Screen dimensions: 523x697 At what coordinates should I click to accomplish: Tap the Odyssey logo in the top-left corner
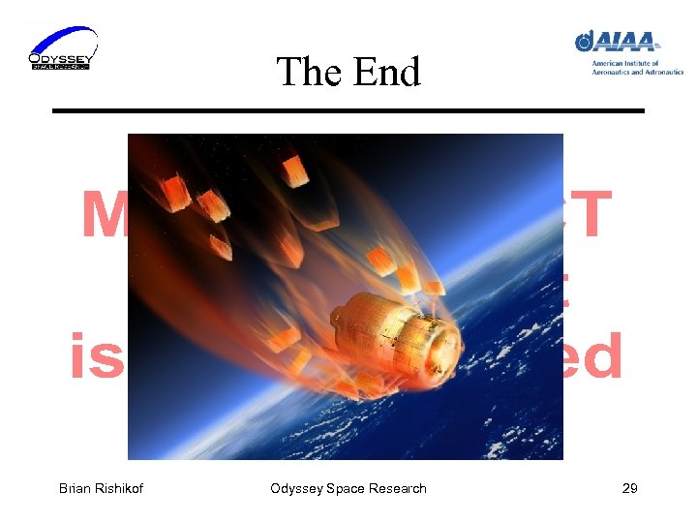click(x=63, y=48)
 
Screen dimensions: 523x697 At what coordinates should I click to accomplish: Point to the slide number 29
click(x=629, y=488)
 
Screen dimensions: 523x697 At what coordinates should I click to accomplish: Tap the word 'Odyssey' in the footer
click(x=297, y=488)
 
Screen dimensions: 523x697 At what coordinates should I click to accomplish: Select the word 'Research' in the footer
click(x=397, y=488)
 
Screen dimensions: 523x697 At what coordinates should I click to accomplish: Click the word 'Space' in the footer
click(x=346, y=488)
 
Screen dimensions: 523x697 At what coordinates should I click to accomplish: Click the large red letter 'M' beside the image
click(x=104, y=215)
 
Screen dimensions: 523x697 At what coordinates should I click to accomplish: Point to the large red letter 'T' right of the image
click(x=590, y=215)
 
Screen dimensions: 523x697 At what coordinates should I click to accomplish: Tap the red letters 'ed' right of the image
click(x=592, y=355)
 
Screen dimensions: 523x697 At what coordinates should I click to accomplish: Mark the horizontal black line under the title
click(x=348, y=111)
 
